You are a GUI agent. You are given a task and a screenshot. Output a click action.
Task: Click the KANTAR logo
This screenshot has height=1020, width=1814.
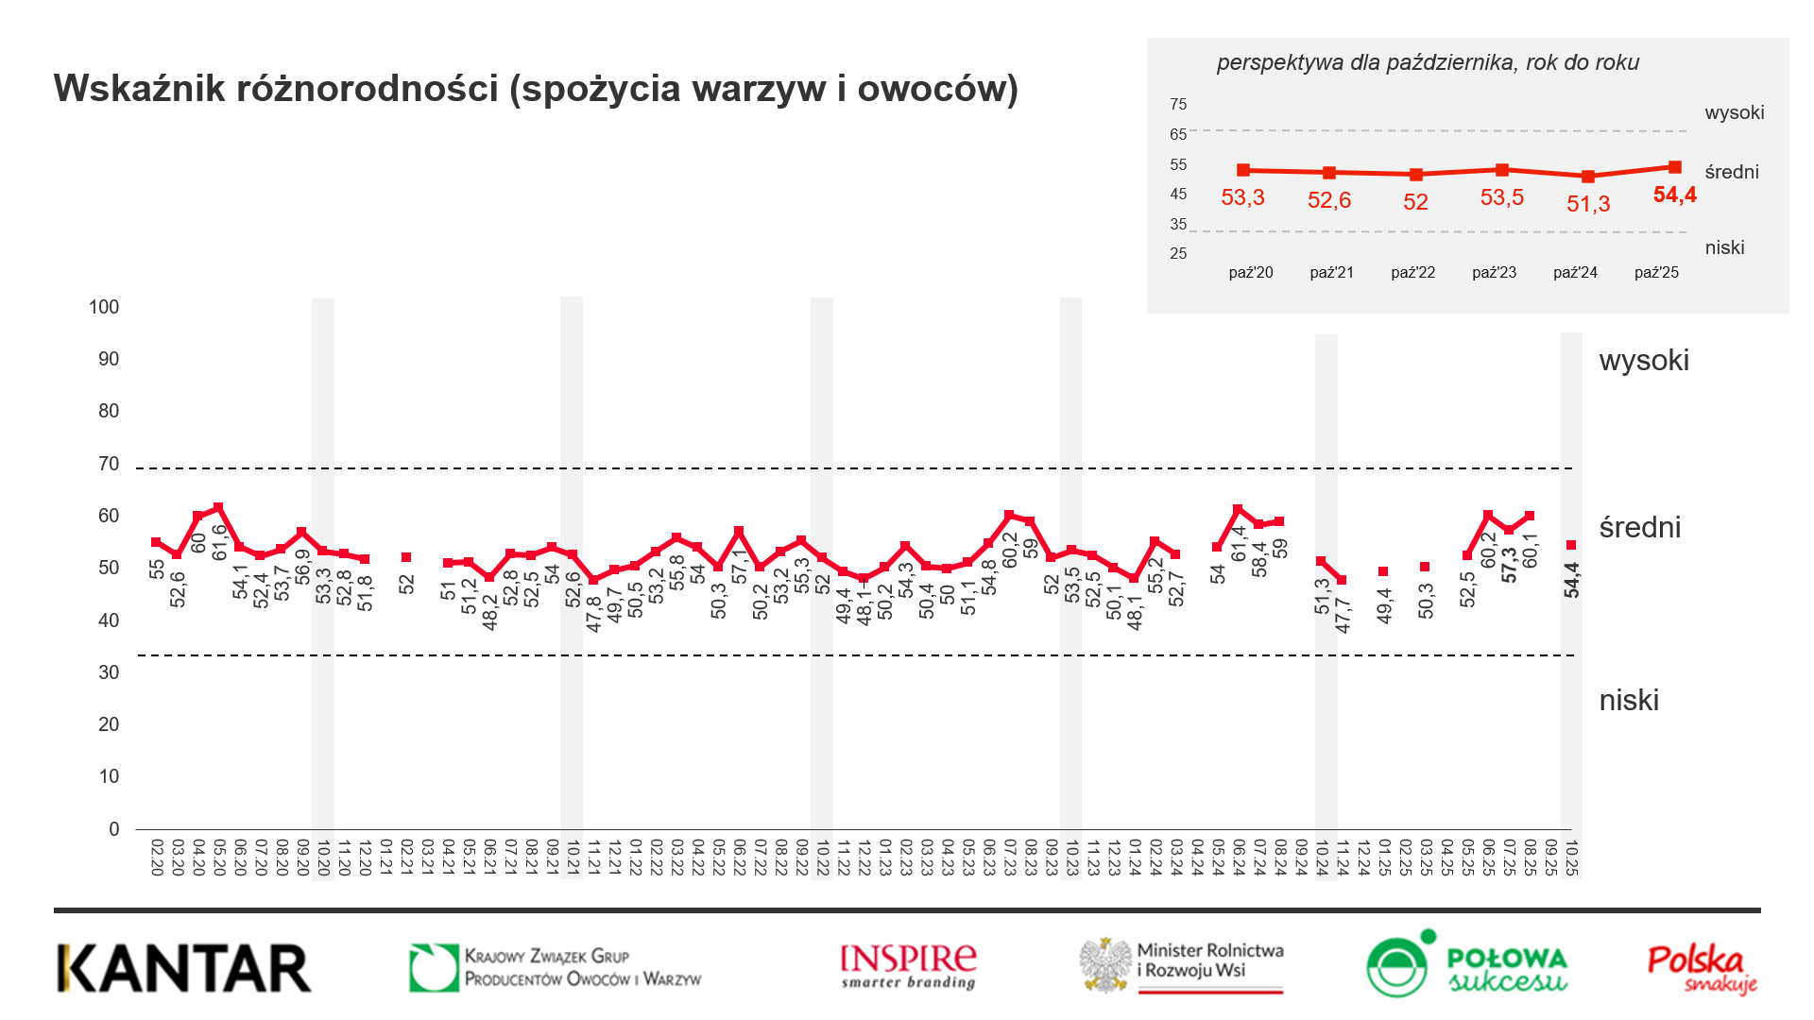point(184,968)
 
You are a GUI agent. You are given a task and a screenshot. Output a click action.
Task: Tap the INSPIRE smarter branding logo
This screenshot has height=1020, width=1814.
point(908,966)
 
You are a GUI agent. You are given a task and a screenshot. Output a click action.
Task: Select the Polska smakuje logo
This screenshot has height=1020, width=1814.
point(1702,968)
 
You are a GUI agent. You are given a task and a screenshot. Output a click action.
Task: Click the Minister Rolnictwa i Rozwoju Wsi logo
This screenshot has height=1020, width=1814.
point(1183,965)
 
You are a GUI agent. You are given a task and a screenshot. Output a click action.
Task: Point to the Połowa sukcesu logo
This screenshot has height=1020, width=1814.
point(1467,965)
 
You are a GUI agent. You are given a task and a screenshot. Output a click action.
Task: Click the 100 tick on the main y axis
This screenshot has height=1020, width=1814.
point(104,307)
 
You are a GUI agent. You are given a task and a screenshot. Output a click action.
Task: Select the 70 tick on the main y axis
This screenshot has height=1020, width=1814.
point(109,464)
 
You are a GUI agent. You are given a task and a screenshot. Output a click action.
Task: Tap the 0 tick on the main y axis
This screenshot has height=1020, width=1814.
point(114,829)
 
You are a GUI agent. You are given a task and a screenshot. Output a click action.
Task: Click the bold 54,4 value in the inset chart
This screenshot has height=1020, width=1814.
point(1674,195)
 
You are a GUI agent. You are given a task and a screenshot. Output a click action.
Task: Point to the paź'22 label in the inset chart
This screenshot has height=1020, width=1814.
point(1412,272)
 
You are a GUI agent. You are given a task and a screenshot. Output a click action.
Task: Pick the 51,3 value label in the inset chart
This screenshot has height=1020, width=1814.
point(1588,204)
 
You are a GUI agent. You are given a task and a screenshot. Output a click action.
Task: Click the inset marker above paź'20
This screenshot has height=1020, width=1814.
point(1243,170)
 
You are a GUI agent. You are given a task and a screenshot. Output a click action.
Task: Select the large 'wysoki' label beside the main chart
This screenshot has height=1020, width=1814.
point(1644,361)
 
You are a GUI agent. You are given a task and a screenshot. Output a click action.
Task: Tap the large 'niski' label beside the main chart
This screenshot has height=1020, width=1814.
point(1629,701)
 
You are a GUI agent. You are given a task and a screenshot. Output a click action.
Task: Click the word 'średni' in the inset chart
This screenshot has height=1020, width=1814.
point(1732,172)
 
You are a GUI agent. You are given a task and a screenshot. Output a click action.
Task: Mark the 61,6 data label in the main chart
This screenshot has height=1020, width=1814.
point(220,542)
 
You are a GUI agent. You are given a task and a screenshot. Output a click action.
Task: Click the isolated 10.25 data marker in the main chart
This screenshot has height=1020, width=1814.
point(1571,545)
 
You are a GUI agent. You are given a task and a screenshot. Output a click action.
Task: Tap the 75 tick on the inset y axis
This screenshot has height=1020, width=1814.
point(1178,104)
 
